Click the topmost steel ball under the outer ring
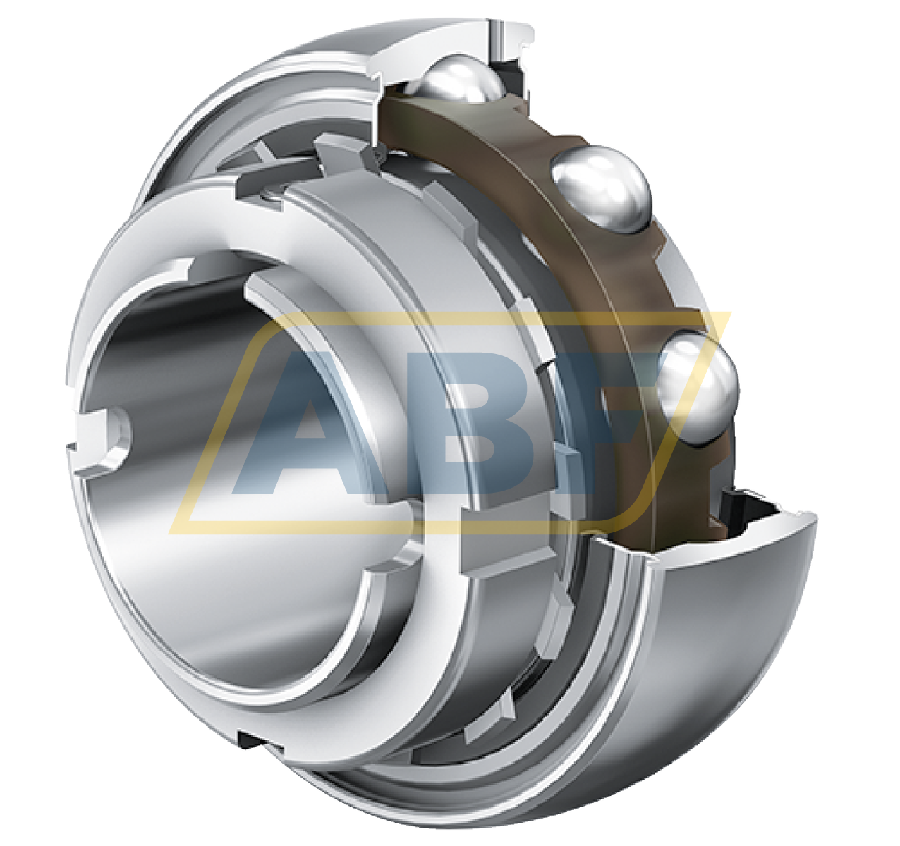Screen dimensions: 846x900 pyautogui.click(x=457, y=81)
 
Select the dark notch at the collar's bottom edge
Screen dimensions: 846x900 pyautogui.click(x=254, y=740)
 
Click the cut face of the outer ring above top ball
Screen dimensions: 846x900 pyautogui.click(x=437, y=42)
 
